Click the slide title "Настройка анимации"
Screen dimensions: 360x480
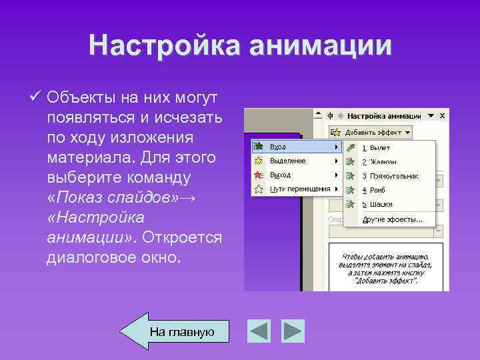click(240, 45)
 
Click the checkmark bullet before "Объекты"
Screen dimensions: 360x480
click(37, 98)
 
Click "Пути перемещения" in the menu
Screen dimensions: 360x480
click(299, 189)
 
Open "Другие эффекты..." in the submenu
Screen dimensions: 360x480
click(392, 219)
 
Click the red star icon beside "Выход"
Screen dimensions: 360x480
click(259, 175)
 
